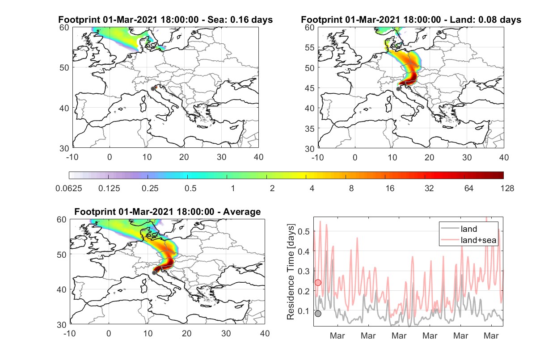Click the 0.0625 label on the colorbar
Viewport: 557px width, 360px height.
[x=69, y=188]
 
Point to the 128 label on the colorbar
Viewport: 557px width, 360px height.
[x=507, y=188]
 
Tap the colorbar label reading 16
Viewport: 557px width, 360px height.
[x=390, y=188]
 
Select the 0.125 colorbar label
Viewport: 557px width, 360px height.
[x=109, y=188]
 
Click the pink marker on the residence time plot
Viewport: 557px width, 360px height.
[x=318, y=282]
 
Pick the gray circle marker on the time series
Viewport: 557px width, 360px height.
[x=318, y=314]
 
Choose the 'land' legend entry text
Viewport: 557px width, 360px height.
[x=469, y=229]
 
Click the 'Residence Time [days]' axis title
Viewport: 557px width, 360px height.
[x=291, y=272]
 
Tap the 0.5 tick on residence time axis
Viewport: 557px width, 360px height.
[x=304, y=231]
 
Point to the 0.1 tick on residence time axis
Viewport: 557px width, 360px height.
[x=304, y=311]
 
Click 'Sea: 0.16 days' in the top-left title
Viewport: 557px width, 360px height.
[x=240, y=20]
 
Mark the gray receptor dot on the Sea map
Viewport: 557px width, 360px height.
[x=153, y=89]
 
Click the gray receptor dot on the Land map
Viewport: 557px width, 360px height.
[x=398, y=89]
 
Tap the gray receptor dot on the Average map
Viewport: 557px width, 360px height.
[x=154, y=273]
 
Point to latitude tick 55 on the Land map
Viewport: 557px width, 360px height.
[x=310, y=48]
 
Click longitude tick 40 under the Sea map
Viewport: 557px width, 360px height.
[x=258, y=157]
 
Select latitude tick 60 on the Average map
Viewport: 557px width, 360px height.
[x=62, y=220]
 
